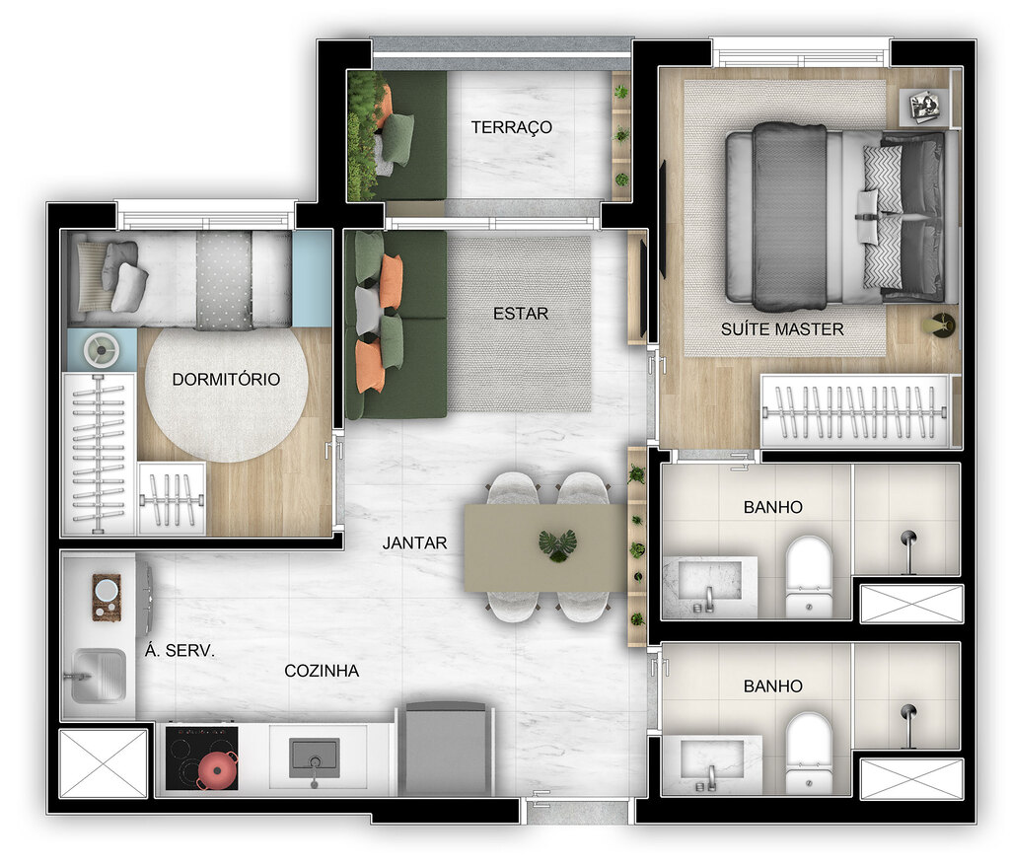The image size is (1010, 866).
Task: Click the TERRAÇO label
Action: point(511,127)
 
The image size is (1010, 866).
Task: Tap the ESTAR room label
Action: point(520,314)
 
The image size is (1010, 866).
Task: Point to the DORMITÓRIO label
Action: point(226,379)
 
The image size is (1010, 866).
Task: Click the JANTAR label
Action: point(415,542)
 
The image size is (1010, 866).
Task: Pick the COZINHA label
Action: point(322,671)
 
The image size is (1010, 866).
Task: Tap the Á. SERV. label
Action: point(180,651)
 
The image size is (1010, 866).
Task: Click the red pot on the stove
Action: point(218,768)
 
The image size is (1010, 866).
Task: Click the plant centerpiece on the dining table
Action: point(558,544)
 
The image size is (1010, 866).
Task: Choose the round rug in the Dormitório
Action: point(226,395)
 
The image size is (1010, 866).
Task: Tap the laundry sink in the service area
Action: point(97,676)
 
